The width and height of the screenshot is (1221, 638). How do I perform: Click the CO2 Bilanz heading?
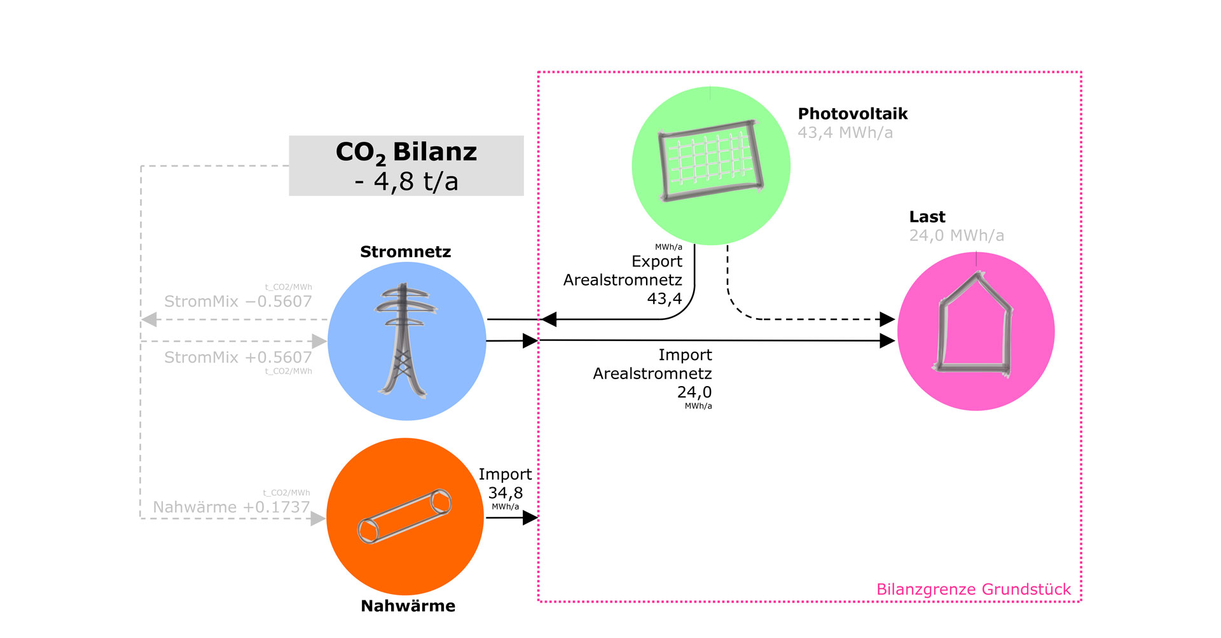click(406, 153)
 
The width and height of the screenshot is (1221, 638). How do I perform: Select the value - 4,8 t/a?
click(406, 182)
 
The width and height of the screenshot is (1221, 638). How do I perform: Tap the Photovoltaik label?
click(852, 114)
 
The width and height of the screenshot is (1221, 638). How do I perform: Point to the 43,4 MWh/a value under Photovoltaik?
click(845, 133)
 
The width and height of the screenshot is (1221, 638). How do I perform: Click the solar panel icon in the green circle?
click(710, 161)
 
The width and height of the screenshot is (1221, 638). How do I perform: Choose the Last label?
click(927, 217)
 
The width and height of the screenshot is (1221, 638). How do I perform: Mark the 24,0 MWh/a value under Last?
click(956, 236)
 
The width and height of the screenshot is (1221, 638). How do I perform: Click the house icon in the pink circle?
click(974, 324)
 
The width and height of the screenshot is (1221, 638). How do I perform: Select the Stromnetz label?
click(405, 252)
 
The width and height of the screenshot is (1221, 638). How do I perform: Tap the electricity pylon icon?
click(405, 340)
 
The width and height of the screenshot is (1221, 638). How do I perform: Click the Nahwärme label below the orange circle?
click(408, 606)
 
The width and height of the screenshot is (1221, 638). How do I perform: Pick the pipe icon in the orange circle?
click(404, 516)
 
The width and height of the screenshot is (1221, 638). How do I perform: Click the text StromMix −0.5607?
click(238, 302)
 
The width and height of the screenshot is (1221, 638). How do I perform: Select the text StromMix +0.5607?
click(238, 357)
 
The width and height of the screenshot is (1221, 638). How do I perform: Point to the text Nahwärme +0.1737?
click(231, 508)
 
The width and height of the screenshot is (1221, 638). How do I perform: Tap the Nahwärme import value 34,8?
click(505, 493)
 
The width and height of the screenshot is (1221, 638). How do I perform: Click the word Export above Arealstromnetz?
click(656, 261)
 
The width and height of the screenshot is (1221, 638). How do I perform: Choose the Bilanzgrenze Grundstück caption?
click(973, 590)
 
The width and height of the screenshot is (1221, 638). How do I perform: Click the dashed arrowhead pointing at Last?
click(887, 319)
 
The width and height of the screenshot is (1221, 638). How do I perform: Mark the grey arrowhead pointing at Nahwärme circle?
click(318, 519)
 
